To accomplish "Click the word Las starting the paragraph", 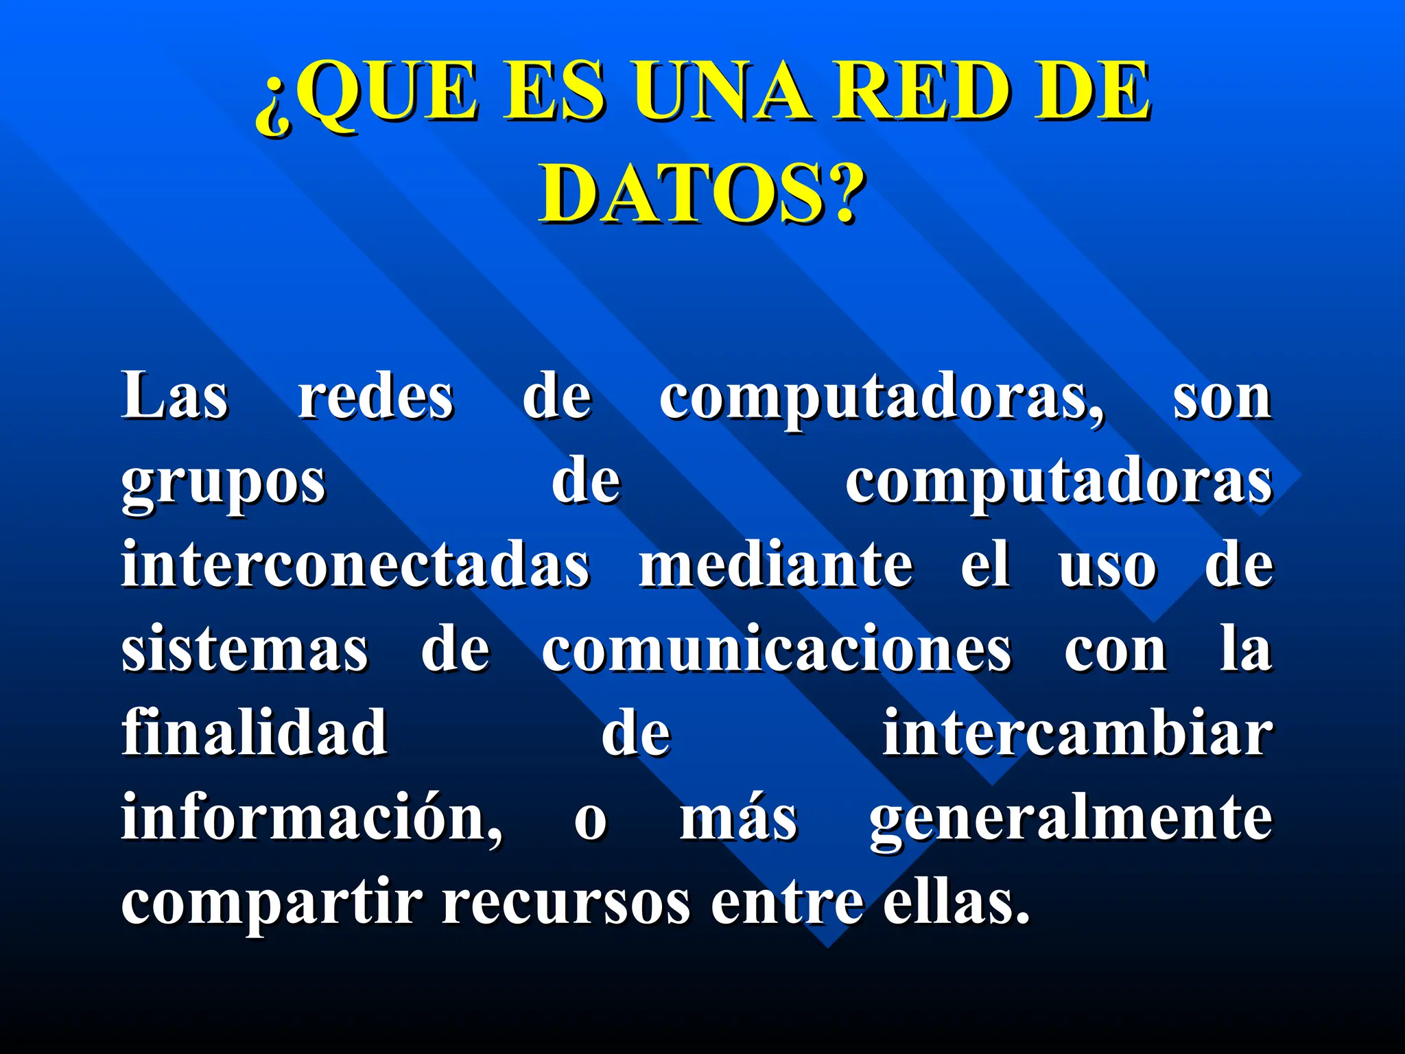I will point(175,397).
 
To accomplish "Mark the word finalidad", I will point(255,733).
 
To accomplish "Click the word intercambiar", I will point(1077,733).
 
